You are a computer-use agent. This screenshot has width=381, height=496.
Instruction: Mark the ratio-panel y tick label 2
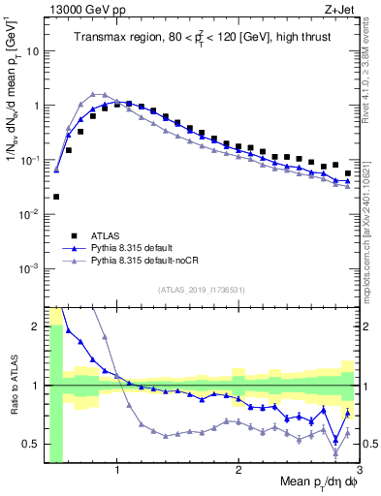35,326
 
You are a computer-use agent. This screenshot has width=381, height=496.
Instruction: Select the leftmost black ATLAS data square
56,197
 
